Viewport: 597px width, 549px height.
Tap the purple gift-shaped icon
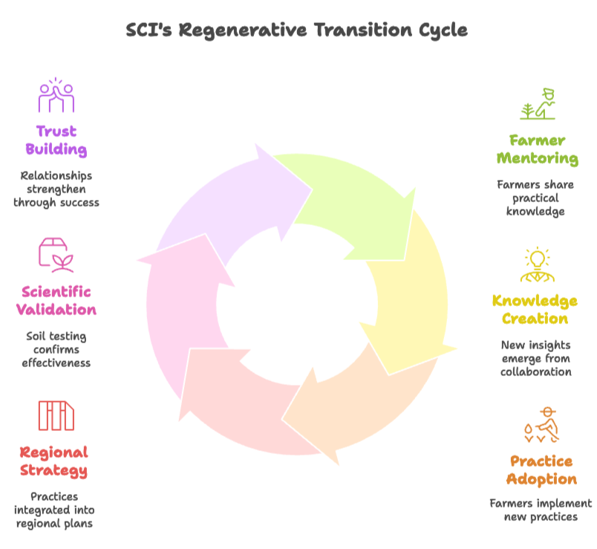coord(56,101)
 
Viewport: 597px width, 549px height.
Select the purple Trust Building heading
coord(56,143)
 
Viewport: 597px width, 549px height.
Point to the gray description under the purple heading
coord(56,189)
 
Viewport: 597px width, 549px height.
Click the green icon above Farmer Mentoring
coord(538,103)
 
